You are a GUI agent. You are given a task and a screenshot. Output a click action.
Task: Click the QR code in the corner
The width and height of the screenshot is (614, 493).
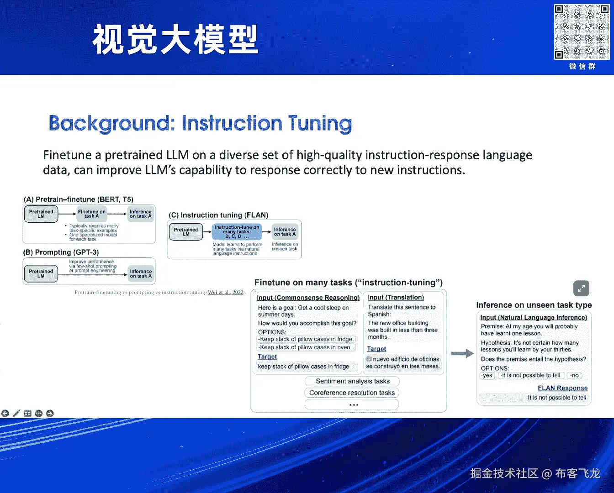pos(582,32)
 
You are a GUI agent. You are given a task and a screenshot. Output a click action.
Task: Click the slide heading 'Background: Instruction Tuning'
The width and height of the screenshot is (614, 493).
pos(200,123)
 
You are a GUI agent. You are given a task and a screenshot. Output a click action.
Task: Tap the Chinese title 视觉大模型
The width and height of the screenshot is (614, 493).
pos(175,40)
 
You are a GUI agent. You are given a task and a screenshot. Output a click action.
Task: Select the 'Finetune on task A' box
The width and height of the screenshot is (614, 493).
pos(91,214)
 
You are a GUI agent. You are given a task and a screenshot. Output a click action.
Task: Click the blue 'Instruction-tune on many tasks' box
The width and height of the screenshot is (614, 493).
pos(237,232)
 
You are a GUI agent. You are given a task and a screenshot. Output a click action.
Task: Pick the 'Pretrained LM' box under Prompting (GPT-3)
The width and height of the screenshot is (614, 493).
pos(41,273)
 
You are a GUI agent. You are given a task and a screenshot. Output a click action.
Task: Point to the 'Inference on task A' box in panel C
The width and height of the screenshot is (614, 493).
pos(285,232)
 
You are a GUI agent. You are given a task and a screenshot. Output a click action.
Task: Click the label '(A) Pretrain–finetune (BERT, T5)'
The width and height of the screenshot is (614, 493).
pos(79,199)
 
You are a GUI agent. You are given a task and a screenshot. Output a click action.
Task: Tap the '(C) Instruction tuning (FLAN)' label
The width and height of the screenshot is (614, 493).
pos(218,215)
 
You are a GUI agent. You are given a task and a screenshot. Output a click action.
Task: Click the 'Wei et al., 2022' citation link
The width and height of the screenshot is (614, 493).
pos(226,292)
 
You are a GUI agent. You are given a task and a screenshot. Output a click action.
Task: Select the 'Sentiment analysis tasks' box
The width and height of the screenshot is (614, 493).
pos(352,381)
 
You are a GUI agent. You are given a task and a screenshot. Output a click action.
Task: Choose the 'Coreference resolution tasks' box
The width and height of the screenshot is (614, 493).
pos(352,393)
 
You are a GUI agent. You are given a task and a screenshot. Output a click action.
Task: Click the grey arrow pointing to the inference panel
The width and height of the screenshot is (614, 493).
pos(462,353)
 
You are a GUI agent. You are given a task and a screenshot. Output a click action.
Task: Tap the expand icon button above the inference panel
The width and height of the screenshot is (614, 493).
pos(581,288)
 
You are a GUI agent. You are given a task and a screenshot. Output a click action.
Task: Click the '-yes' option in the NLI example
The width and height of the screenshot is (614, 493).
pos(487,375)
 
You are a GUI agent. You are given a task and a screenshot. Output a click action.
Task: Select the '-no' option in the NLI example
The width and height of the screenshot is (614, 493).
pos(574,375)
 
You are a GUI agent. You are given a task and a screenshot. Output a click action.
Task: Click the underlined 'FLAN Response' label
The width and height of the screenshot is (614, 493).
pos(562,388)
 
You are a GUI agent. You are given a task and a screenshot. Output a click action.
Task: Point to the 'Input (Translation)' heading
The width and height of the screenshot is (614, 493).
pos(396,297)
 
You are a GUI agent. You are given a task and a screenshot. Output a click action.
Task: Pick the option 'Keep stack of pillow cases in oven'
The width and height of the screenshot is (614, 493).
pos(306,347)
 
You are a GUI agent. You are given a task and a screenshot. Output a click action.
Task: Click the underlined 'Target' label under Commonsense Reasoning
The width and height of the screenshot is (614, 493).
pos(267,357)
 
